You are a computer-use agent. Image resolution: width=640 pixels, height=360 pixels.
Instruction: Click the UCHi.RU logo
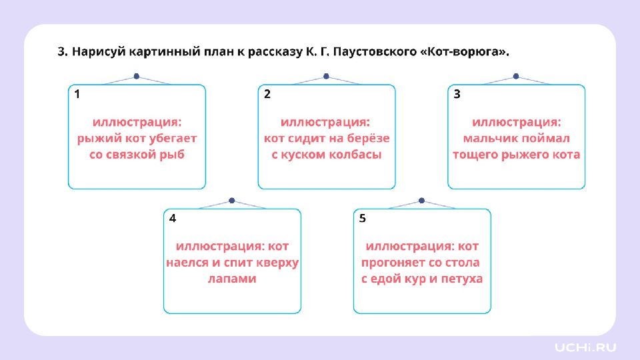[x=585, y=347]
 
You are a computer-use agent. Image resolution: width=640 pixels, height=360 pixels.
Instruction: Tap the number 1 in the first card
[x=77, y=94]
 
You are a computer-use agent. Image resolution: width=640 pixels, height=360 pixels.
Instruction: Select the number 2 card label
[x=267, y=94]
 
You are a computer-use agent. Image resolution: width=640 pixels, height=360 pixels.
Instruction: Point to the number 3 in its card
[x=457, y=94]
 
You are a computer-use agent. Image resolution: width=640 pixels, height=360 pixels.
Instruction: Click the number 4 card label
[x=173, y=219]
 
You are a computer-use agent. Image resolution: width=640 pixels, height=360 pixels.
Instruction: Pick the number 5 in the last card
[x=363, y=219]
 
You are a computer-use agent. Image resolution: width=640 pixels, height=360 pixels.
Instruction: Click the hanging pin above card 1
[x=137, y=76]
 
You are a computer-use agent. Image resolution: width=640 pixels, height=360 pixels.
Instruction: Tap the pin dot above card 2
[x=326, y=76]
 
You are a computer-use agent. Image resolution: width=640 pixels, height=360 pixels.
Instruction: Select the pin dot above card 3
[x=516, y=76]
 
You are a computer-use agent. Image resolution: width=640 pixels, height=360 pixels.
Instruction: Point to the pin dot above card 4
[x=232, y=201]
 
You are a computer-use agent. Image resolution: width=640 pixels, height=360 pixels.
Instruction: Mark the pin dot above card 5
[x=421, y=201]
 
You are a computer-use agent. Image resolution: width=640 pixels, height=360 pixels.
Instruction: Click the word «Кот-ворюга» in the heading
[x=465, y=52]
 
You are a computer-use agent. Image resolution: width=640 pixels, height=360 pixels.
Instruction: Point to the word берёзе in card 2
[x=368, y=139]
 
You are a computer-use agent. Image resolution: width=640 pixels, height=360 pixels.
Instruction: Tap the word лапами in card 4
[x=232, y=279]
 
